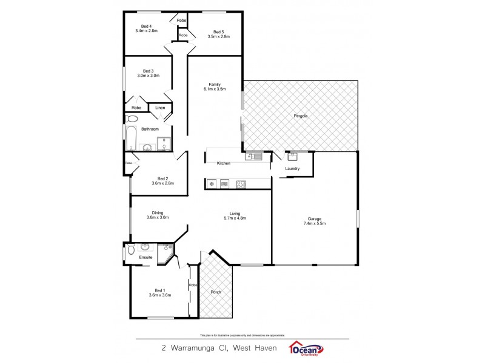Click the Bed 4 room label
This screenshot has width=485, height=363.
pyautogui.click(x=145, y=26)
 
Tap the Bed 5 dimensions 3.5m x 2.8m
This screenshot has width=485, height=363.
pyautogui.click(x=218, y=36)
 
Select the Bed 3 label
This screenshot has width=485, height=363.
pyautogui.click(x=148, y=70)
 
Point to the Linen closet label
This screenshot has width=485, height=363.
pyautogui.click(x=160, y=108)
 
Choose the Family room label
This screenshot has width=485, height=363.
pyautogui.click(x=214, y=84)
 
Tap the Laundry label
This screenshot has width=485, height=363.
pyautogui.click(x=292, y=168)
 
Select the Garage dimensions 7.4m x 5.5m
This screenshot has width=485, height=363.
pyautogui.click(x=314, y=223)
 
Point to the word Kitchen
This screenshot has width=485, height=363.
pyautogui.click(x=224, y=163)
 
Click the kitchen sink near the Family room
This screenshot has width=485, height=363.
pyautogui.click(x=254, y=156)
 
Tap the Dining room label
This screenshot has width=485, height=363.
pyautogui.click(x=158, y=212)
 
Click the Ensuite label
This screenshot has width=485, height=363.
pyautogui.click(x=145, y=257)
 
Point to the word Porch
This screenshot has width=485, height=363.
pyautogui.click(x=216, y=292)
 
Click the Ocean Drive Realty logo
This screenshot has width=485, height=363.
pyautogui.click(x=307, y=349)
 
